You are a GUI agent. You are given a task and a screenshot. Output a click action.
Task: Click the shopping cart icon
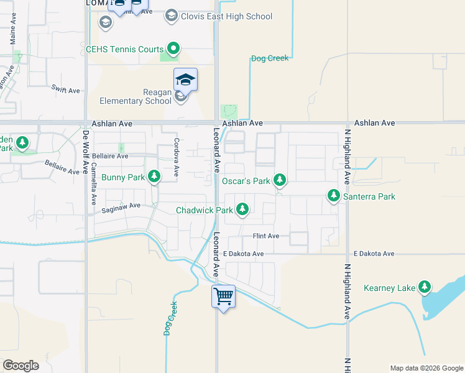point(223,295)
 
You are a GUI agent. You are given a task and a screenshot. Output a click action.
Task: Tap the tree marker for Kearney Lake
point(425,287)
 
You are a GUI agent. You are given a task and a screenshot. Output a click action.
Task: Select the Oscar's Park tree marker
point(280,180)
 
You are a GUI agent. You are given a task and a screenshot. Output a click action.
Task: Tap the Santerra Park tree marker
point(334,196)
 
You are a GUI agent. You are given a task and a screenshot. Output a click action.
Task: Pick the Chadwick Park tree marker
point(242,210)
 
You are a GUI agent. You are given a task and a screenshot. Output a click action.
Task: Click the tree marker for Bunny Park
point(154,177)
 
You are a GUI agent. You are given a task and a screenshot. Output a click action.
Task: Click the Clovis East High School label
point(226,16)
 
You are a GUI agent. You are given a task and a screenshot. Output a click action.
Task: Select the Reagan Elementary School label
point(136,96)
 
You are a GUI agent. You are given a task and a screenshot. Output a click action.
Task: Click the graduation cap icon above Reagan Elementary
point(185,80)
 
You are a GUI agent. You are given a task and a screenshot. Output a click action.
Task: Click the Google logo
point(21,365)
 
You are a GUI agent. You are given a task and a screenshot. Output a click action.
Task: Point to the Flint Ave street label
point(265,236)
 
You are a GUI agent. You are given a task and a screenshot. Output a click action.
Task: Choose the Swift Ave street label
point(66,90)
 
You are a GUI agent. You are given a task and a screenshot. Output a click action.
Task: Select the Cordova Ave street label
point(177,160)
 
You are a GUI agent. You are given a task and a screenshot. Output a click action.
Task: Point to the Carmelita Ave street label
point(93,180)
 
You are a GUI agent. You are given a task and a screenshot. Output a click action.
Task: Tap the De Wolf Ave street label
point(86,152)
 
